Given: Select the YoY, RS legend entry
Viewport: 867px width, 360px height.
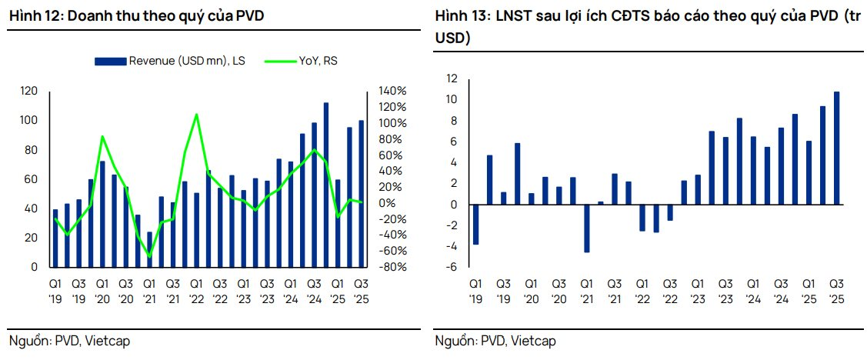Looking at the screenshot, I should (300, 61).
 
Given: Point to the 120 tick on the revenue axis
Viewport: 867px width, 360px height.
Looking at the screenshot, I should (28, 92).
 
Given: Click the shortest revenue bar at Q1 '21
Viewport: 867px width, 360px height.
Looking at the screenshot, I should (149, 249).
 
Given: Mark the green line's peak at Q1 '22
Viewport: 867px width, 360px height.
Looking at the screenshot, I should (196, 115).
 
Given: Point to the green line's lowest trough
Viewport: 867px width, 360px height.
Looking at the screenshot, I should (149, 256).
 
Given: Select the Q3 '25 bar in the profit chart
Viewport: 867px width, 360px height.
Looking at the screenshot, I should (836, 148).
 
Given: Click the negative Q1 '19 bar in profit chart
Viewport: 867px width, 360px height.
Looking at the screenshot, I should (475, 225).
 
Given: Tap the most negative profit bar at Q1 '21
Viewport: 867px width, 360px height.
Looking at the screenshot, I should (586, 228).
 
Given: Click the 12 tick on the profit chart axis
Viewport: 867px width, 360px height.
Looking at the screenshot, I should (452, 78).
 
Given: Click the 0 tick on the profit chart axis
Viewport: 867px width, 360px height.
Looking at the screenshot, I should (454, 205).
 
